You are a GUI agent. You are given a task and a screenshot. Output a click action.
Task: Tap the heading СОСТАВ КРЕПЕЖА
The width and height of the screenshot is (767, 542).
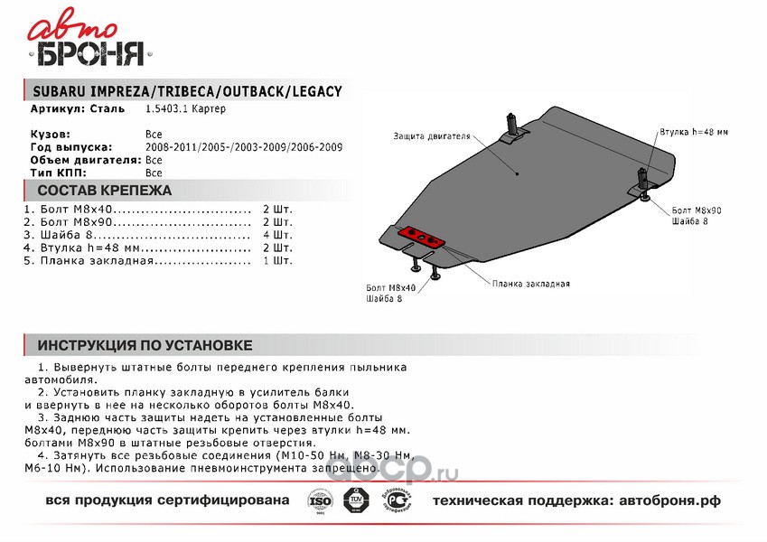(104, 191)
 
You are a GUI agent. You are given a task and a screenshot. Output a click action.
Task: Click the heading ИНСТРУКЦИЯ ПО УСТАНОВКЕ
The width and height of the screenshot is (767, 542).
(145, 345)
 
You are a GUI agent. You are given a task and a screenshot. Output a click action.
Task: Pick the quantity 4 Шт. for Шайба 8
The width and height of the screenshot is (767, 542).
(277, 234)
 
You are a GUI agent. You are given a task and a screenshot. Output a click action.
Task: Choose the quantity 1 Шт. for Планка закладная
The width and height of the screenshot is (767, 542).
(277, 260)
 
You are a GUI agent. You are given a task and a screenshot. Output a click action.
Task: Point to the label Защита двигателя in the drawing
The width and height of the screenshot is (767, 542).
(432, 137)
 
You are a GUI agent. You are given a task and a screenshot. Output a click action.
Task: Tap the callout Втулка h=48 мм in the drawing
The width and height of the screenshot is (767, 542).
(694, 132)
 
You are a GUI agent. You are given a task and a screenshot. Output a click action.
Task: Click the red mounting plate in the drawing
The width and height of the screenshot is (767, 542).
(422, 236)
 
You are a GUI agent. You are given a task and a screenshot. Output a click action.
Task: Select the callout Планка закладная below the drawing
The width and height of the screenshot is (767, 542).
(531, 283)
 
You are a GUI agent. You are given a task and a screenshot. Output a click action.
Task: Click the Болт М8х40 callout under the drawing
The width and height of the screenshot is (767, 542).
(391, 286)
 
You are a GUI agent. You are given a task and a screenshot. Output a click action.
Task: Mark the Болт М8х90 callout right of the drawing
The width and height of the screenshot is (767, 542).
(697, 209)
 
